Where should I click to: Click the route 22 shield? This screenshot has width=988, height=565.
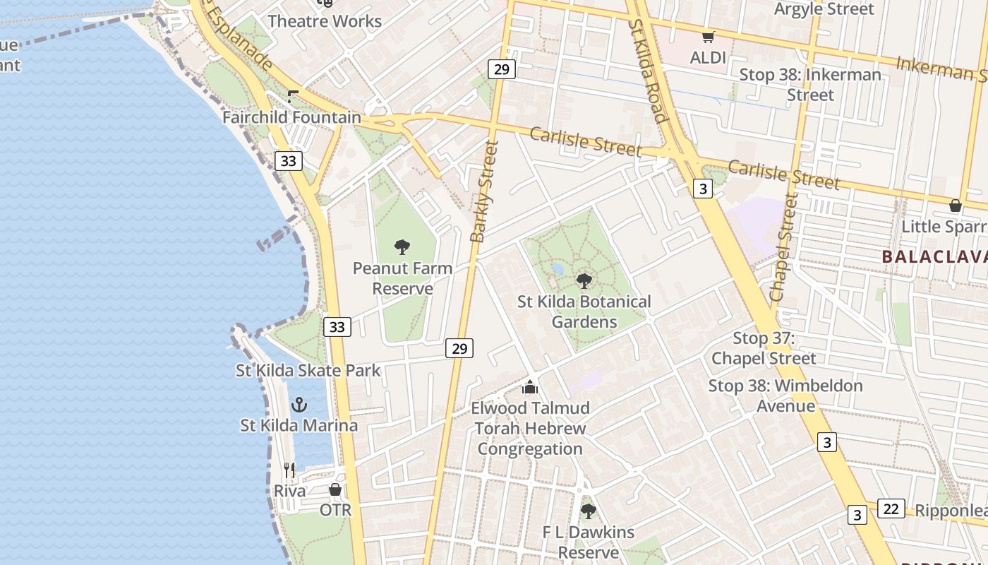891,509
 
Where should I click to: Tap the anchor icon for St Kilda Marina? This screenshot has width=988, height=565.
299,405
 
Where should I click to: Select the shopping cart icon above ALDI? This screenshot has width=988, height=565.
708,37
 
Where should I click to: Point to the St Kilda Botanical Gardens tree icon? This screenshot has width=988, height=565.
584,281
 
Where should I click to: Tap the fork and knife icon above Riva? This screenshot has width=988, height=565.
289,470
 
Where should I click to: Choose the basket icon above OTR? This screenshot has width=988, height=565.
335,489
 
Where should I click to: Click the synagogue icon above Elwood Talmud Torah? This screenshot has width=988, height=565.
530,387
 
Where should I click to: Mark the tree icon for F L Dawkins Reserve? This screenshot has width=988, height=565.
588,511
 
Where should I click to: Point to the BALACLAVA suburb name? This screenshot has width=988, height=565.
934,257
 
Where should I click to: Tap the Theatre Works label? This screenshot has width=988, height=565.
325,21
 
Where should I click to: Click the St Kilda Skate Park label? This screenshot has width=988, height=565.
308,370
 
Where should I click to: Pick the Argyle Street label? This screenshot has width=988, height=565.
824,9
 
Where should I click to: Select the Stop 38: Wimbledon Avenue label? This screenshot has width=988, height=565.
785,395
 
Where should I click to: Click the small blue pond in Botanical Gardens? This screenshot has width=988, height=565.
558,269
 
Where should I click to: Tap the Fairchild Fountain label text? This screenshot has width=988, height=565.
291,117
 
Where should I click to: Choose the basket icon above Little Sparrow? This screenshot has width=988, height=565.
955,206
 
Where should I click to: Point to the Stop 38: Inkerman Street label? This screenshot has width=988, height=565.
810,84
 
